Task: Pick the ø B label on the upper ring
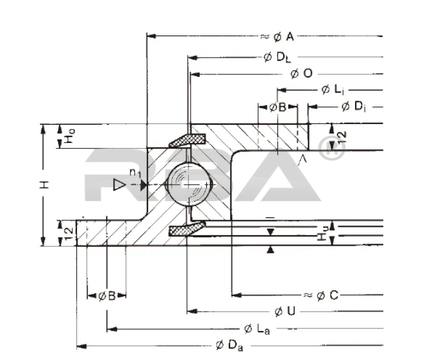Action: [x=278, y=107]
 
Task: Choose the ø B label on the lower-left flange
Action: [x=107, y=296]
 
